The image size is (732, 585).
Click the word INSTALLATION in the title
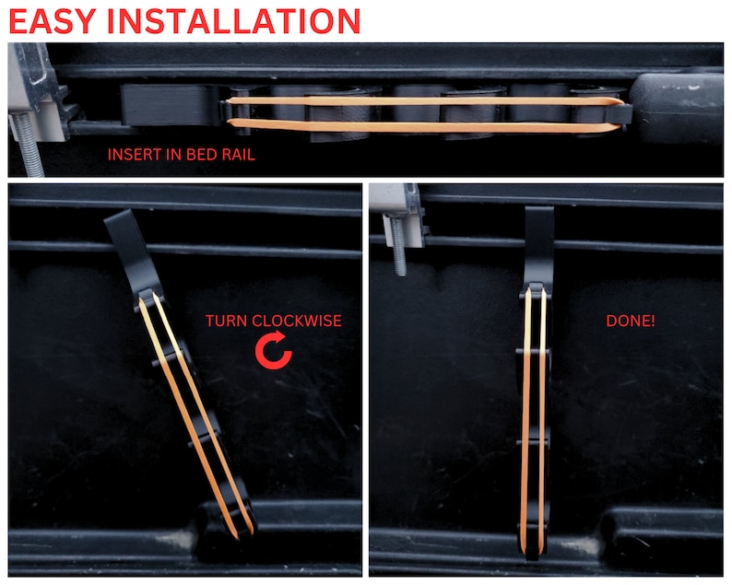point(242,20)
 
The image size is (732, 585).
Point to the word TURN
point(226,322)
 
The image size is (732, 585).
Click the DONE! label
point(631,322)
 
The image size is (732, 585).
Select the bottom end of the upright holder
point(533,548)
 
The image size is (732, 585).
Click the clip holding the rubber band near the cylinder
point(623,114)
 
